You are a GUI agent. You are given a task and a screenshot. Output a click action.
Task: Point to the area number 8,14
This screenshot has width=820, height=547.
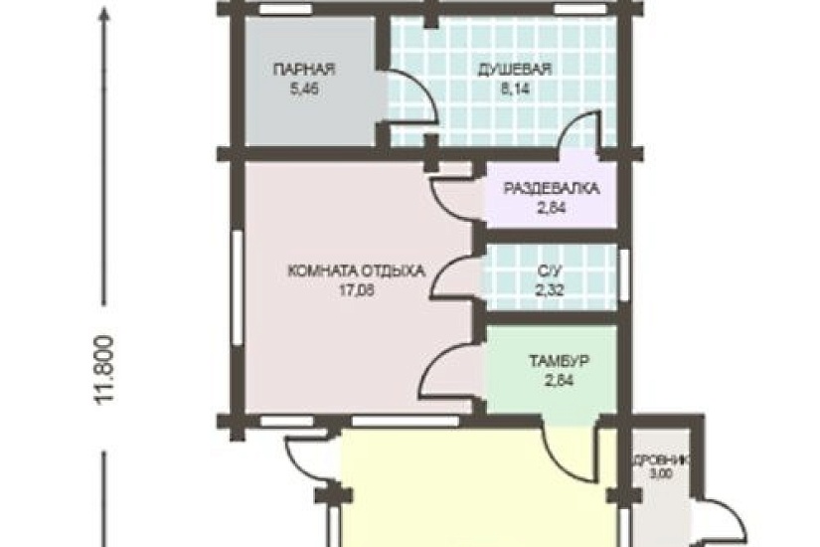514,88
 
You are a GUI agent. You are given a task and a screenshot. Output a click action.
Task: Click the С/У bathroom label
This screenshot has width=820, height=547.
549,271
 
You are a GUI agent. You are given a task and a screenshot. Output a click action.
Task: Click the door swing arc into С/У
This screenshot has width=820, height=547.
455,271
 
